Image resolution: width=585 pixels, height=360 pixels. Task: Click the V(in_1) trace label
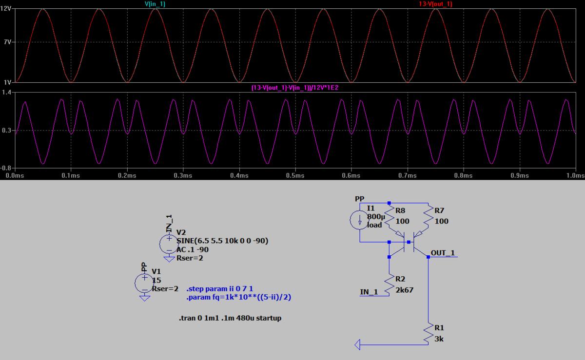coord(155,3)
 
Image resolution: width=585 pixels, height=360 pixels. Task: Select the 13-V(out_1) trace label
coord(435,3)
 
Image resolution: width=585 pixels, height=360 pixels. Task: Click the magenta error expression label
coord(295,87)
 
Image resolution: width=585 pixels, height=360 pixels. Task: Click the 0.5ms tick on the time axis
coord(295,175)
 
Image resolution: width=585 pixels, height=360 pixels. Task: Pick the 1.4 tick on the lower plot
coord(7,92)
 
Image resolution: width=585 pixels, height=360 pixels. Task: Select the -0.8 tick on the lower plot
coord(6,169)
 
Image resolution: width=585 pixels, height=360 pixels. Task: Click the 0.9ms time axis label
coord(520,175)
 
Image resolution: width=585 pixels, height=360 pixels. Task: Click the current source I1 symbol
coord(360,219)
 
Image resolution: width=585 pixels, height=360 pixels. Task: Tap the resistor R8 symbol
coord(390,220)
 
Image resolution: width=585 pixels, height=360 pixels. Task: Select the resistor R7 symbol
coord(428,220)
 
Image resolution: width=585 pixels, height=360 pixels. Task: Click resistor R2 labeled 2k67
coord(390,284)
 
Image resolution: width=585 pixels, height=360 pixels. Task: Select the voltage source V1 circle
coord(144,282)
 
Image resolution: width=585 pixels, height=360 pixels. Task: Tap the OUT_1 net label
coord(443,253)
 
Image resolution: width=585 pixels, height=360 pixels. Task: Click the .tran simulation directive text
coord(230,318)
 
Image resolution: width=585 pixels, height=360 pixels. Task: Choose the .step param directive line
coord(220,289)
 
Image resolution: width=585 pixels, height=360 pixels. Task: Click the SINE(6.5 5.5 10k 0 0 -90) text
coord(222,241)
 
